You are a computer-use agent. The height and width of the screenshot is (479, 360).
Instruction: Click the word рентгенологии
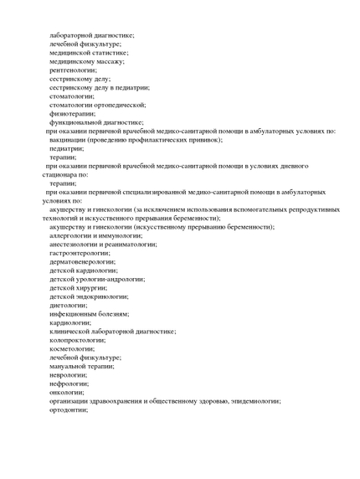click(x=73, y=70)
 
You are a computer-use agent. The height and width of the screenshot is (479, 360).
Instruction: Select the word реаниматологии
click(x=126, y=244)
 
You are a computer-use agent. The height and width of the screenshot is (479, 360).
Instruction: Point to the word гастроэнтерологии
click(x=80, y=252)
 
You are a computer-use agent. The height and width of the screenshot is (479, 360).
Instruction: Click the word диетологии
click(x=69, y=305)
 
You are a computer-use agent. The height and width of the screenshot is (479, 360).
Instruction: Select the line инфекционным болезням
click(x=90, y=313)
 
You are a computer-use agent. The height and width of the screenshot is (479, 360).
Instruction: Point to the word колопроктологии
click(x=78, y=340)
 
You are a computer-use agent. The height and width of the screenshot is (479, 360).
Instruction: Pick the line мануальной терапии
click(x=81, y=366)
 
